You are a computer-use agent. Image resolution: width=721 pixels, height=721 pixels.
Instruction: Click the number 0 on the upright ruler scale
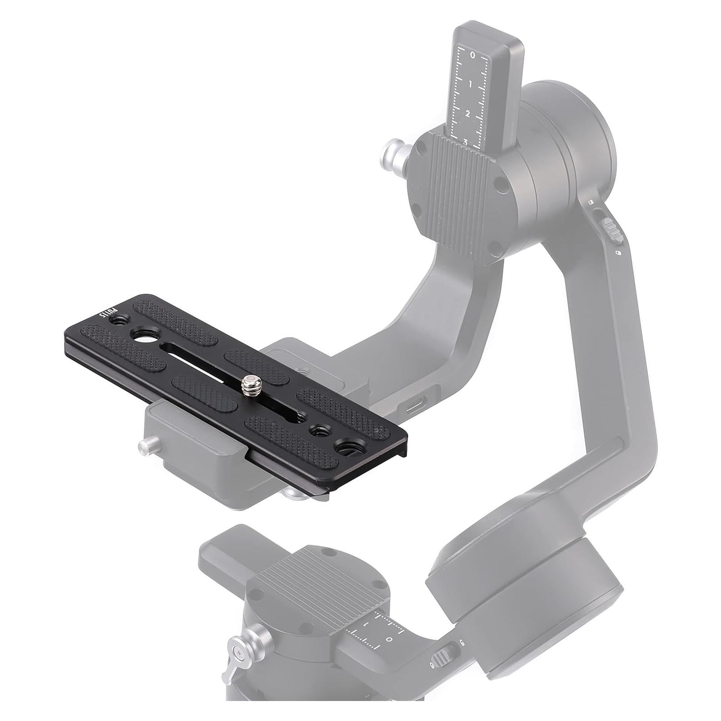pos(472,55)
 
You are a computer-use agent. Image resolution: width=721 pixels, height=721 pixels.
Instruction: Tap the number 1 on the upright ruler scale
pos(471,85)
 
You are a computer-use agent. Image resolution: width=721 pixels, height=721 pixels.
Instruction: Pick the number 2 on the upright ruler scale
pos(468,114)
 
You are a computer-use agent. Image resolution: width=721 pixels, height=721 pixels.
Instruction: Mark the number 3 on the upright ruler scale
pos(465,142)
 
